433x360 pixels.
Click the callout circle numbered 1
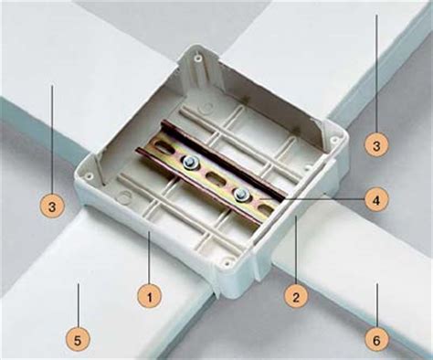(149, 296)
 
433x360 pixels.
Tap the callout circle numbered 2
(296, 296)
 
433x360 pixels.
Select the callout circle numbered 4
(376, 200)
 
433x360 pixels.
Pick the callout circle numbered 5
(79, 341)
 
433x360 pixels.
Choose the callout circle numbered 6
(377, 341)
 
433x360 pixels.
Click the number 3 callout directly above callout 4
(376, 145)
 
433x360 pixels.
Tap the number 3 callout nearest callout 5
(52, 206)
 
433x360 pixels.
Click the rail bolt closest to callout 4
(241, 193)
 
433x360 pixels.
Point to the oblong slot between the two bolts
(216, 177)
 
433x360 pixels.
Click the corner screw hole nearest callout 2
(226, 261)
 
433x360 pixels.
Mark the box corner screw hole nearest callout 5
(90, 175)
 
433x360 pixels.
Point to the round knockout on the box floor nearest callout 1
(123, 197)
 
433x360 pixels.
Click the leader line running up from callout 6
(377, 306)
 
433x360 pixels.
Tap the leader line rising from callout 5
(79, 306)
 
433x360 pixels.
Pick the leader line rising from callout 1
(149, 258)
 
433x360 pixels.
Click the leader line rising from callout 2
(296, 249)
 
